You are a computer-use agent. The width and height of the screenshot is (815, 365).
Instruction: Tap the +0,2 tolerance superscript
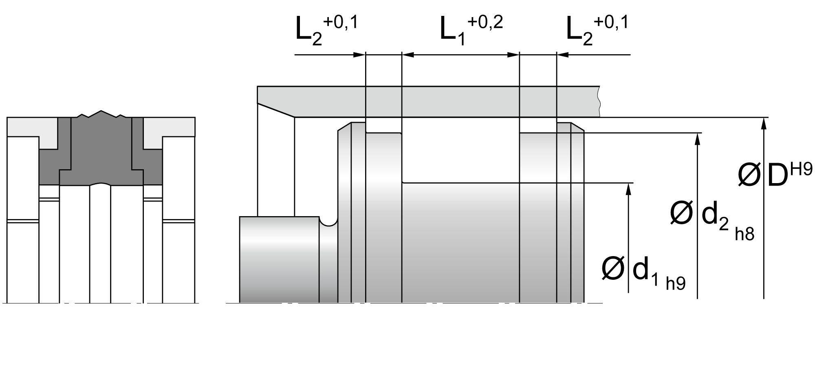pyautogui.click(x=485, y=23)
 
